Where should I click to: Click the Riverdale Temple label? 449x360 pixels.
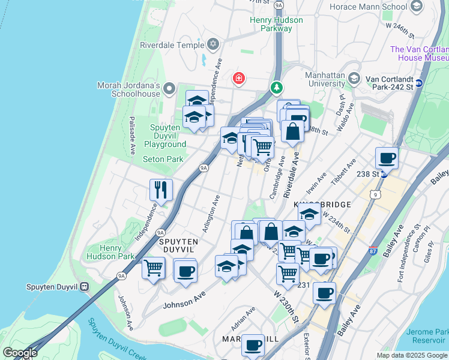pyautogui.click(x=172, y=44)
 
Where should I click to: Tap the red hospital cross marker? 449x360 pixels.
pyautogui.click(x=239, y=79)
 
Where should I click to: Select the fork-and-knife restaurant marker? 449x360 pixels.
pyautogui.click(x=161, y=190)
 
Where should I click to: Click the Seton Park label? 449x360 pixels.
pyautogui.click(x=163, y=160)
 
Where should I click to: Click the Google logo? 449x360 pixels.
pyautogui.click(x=20, y=353)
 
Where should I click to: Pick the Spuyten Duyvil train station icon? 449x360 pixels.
pyautogui.click(x=83, y=287)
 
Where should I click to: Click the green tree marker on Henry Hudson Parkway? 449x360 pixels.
pyautogui.click(x=277, y=88)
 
